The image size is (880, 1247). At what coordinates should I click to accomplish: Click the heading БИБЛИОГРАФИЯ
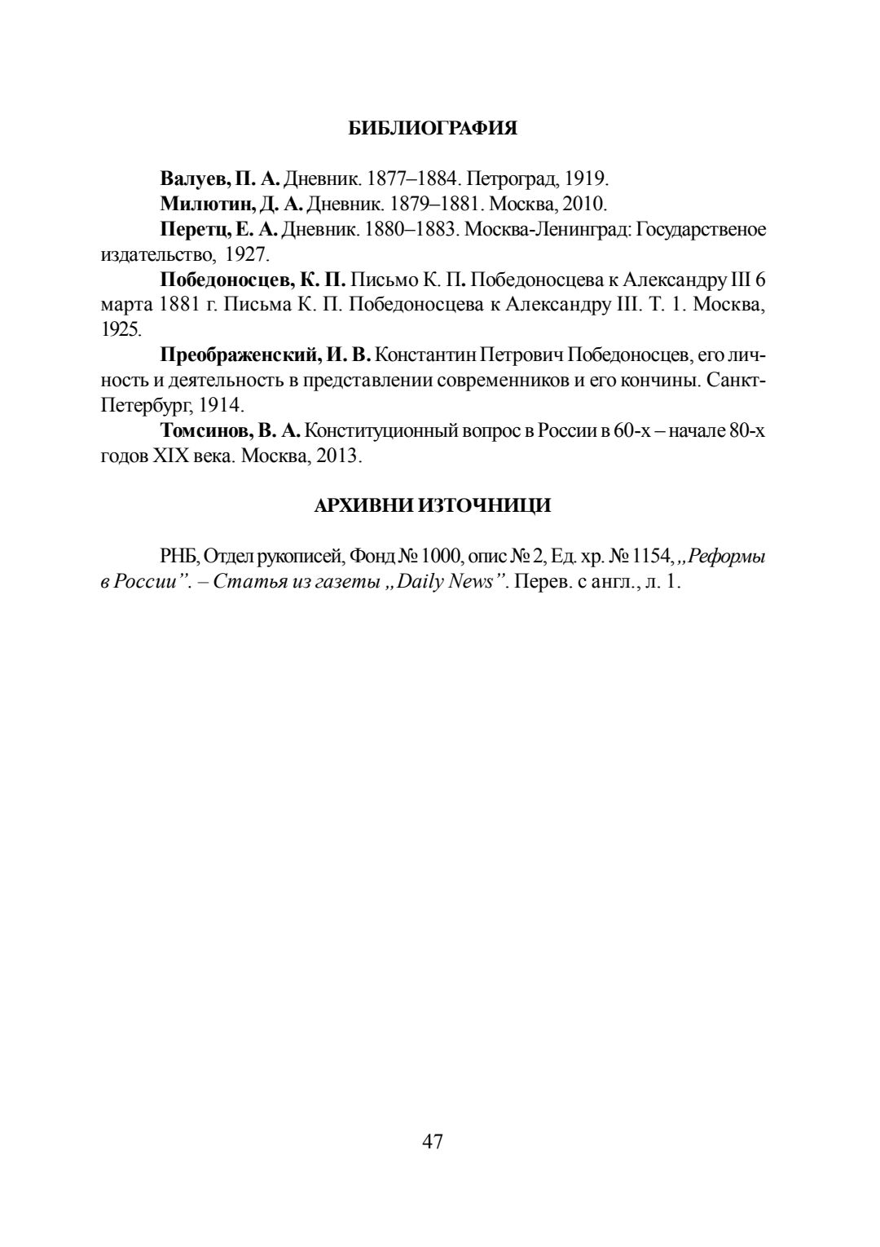pos(433,129)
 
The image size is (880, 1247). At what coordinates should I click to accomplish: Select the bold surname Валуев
pos(194,178)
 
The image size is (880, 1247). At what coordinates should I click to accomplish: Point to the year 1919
pos(585,178)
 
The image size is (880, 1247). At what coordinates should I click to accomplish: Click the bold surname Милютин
pos(198,204)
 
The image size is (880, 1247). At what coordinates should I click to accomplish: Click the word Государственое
pos(701,230)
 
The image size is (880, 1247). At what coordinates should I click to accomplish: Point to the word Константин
pos(426,355)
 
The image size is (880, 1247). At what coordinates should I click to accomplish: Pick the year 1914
pos(220,406)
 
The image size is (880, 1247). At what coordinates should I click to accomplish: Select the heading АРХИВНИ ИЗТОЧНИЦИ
pos(433,506)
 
